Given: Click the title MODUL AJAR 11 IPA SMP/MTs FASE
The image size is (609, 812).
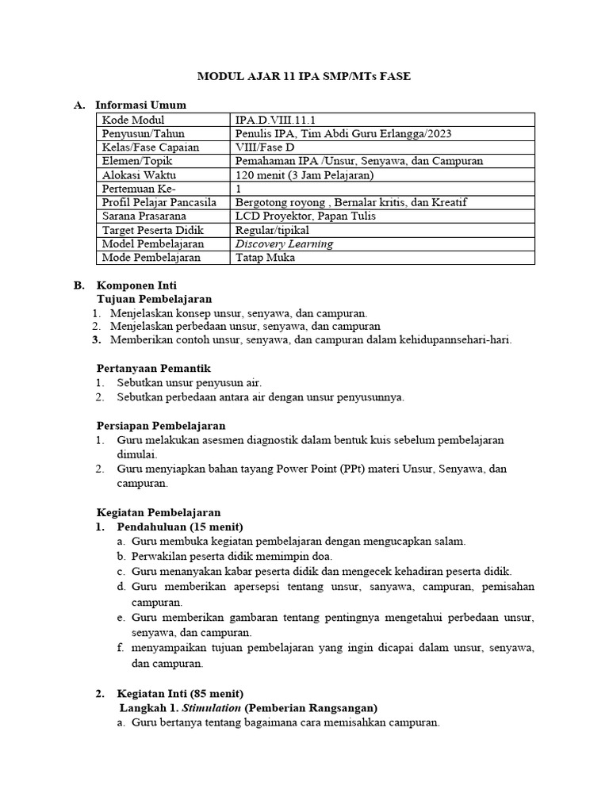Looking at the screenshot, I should [304, 76].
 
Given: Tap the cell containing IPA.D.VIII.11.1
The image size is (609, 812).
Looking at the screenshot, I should [270, 120].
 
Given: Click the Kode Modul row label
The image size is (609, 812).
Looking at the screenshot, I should [132, 120].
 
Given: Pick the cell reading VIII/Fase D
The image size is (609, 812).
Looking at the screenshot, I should [267, 147].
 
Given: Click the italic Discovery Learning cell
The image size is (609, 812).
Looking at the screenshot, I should [284, 243].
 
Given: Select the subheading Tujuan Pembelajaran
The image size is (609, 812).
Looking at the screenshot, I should [154, 299].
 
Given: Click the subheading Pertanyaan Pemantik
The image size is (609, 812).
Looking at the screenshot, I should [152, 368].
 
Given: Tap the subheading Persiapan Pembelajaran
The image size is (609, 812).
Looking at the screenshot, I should [161, 426].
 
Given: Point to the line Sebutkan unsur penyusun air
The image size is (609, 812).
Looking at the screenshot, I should [189, 382].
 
